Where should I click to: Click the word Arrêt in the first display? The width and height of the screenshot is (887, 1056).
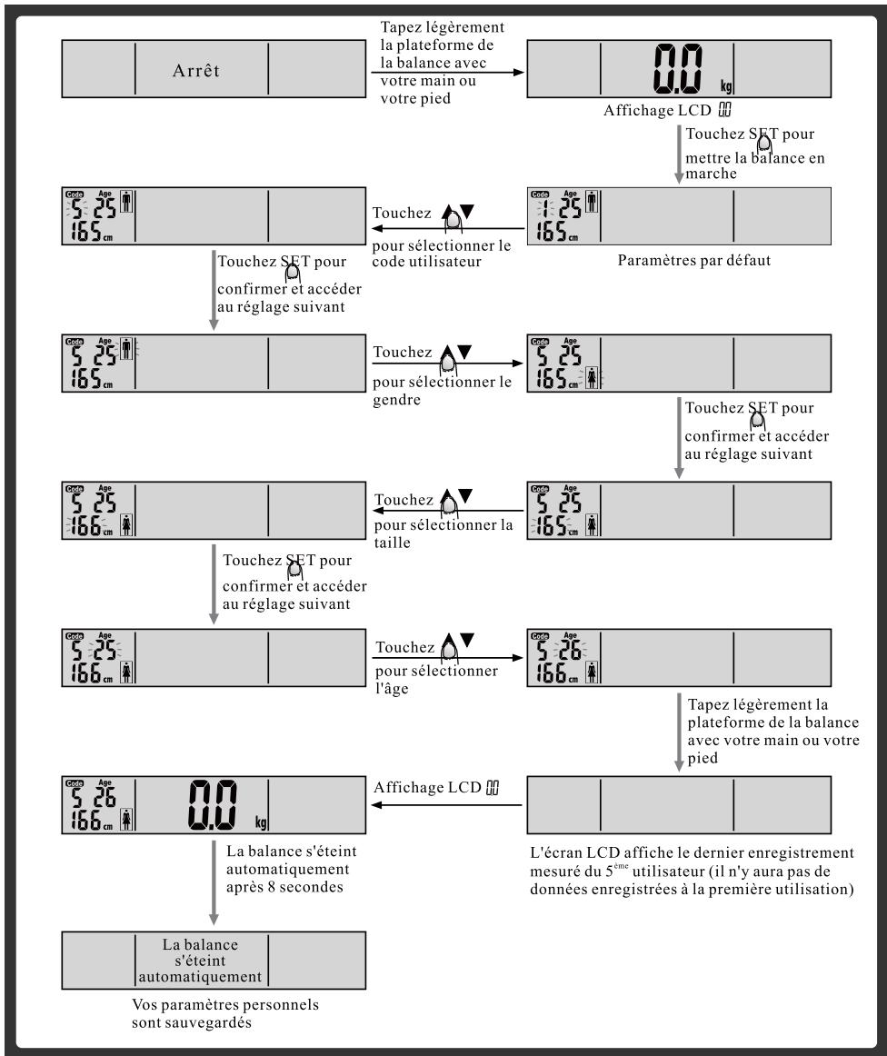click(201, 72)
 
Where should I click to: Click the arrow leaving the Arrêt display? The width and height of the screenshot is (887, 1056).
click(448, 72)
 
